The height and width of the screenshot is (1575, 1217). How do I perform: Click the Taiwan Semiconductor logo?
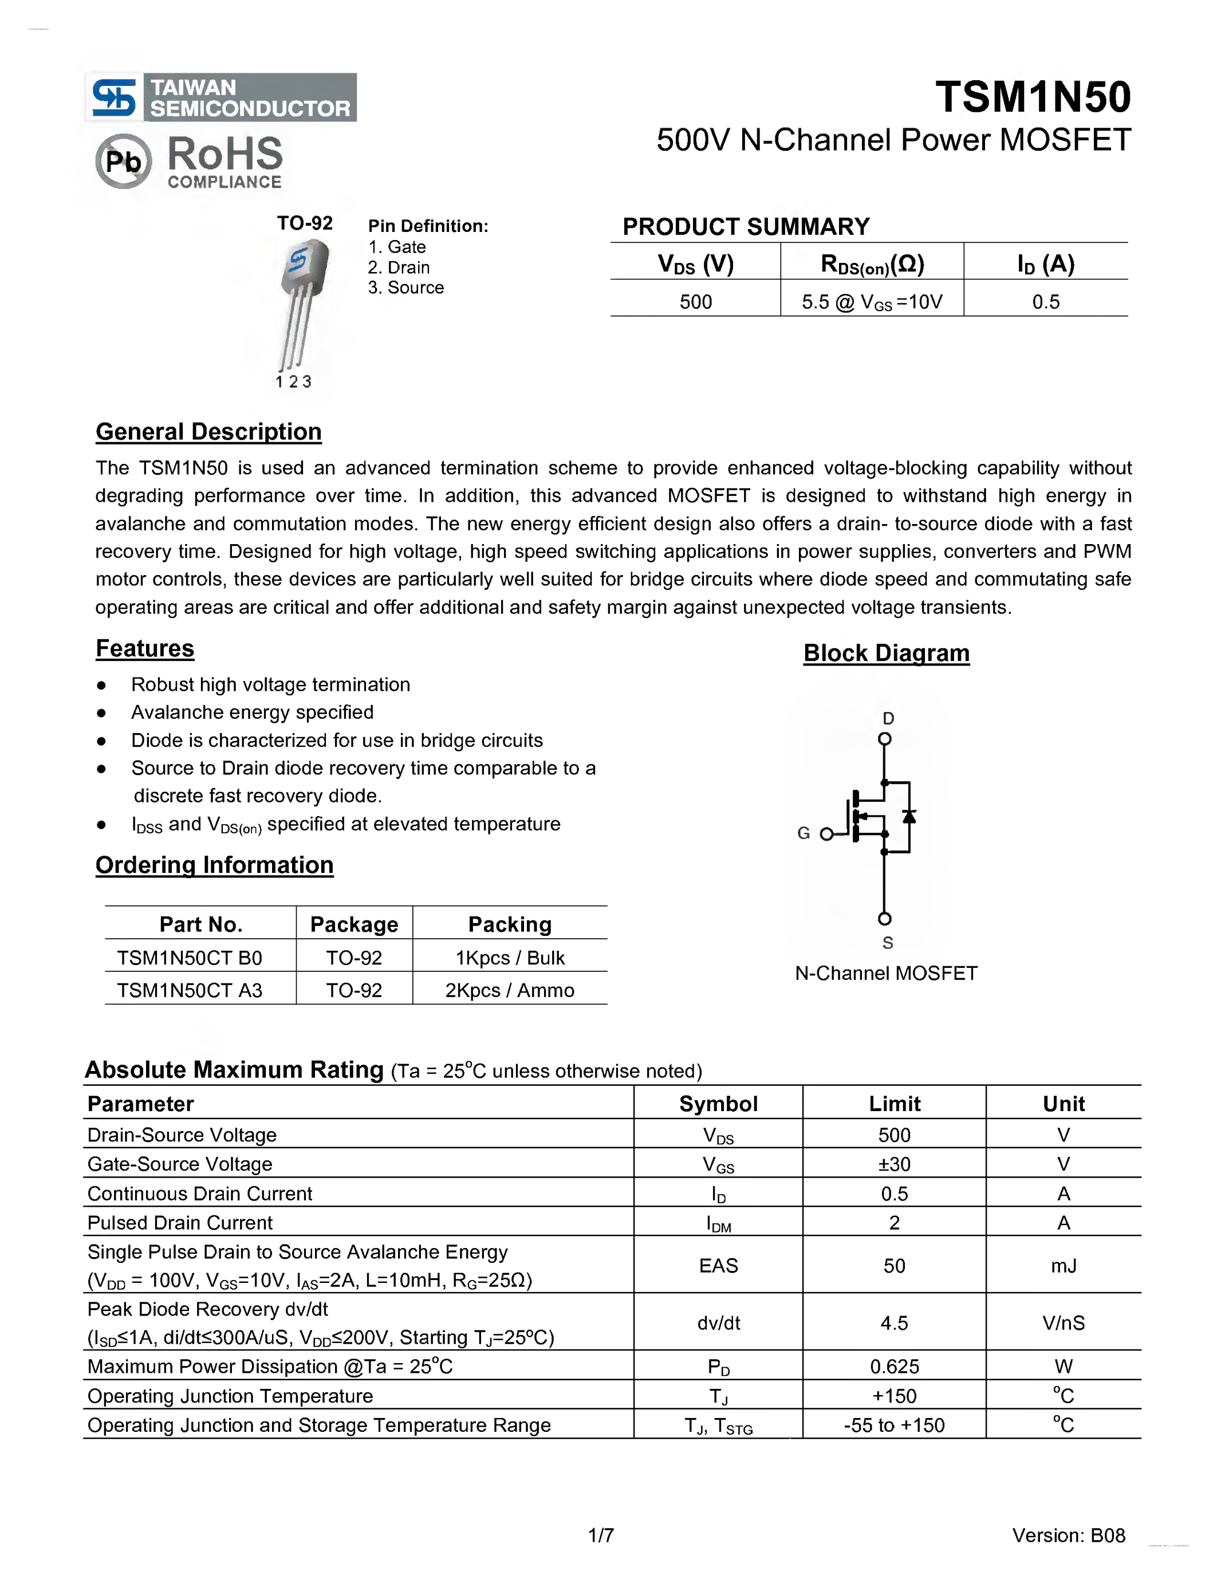click(220, 97)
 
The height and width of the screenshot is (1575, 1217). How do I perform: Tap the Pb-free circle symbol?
click(123, 161)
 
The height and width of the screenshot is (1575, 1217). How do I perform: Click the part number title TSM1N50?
click(1033, 97)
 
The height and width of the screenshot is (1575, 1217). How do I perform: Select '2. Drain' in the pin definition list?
click(399, 267)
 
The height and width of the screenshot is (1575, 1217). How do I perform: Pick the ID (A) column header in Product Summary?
click(1045, 264)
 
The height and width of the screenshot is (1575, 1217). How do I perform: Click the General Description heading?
click(208, 431)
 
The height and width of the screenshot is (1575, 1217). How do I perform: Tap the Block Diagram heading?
click(886, 653)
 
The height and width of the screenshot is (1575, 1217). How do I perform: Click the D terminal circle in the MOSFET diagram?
click(885, 738)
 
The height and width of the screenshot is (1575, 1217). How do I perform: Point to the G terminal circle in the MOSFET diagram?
click(826, 834)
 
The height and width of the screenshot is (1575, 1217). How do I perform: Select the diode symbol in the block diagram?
click(909, 816)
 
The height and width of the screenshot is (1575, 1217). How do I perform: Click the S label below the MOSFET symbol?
click(888, 943)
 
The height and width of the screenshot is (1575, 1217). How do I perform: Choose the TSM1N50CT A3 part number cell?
click(190, 990)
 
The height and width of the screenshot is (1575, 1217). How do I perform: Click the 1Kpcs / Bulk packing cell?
click(510, 958)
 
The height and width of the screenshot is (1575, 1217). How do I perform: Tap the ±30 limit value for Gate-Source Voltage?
click(894, 1164)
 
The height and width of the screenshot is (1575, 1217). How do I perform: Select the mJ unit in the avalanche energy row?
click(1064, 1266)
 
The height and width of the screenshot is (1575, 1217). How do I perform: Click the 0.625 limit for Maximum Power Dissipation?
click(894, 1367)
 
